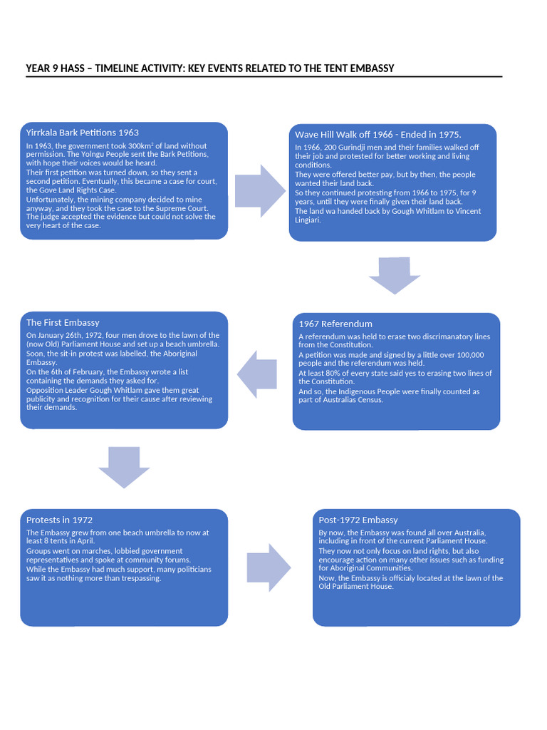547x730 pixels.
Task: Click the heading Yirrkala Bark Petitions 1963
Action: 82,133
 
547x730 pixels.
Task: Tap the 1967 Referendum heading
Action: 335,324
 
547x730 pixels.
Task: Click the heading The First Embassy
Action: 63,323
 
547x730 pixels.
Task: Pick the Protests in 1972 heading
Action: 59,520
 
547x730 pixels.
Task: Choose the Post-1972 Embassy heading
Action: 358,520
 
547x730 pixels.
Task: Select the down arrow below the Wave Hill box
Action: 395,275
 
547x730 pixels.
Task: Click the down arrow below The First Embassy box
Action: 124,467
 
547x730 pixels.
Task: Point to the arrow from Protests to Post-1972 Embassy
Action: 269,567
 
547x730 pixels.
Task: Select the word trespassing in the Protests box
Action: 140,578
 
